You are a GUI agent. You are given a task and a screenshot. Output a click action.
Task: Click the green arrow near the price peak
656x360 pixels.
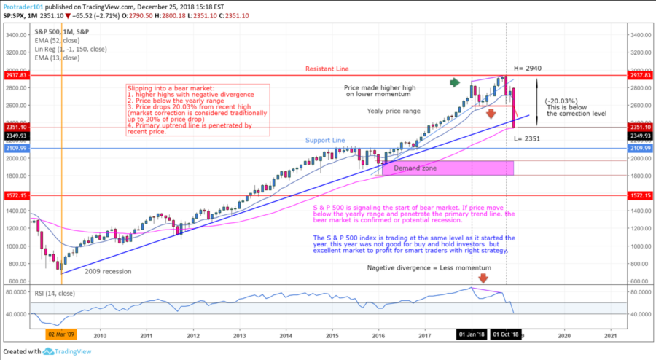point(456,82)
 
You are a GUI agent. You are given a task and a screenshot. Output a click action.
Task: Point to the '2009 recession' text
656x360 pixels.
point(108,271)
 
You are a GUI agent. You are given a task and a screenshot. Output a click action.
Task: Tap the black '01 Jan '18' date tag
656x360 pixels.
point(472,334)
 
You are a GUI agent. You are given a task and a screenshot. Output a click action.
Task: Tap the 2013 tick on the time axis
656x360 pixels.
point(239,337)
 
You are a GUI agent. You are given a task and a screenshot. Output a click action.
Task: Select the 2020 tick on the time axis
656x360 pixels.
point(563,337)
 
